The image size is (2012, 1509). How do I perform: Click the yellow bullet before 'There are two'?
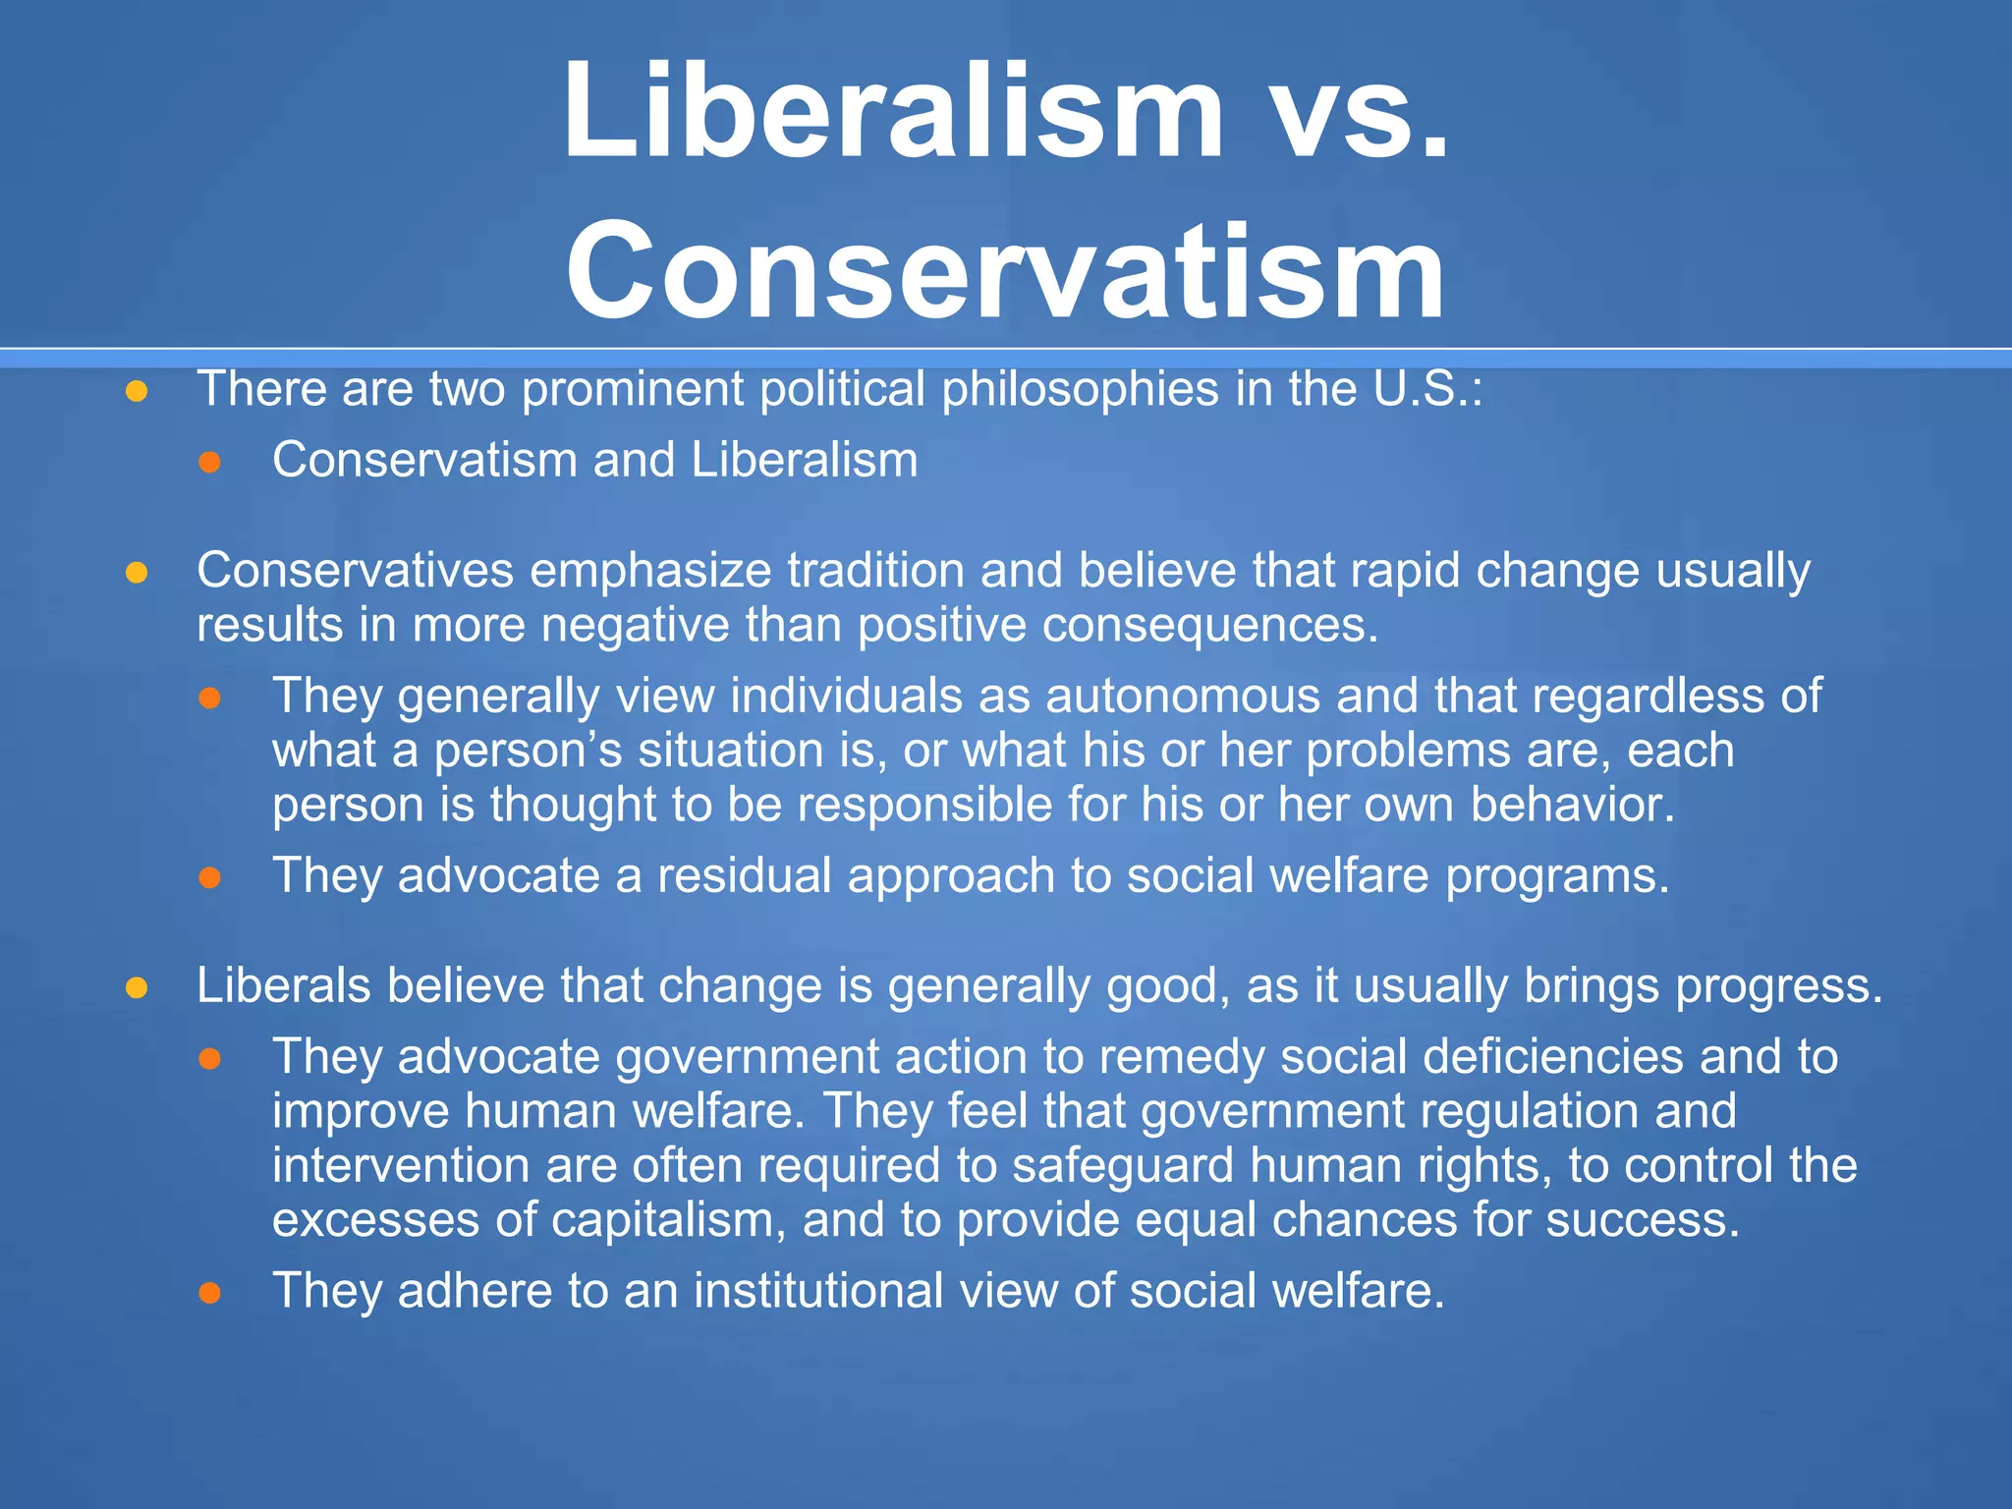point(137,392)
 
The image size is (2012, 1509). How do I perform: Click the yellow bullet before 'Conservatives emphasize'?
point(137,573)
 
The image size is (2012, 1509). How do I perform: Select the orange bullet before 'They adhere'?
point(209,1293)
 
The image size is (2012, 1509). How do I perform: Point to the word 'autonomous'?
point(1182,697)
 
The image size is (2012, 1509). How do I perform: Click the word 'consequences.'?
point(1210,626)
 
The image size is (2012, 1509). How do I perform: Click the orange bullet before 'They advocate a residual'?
point(209,877)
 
